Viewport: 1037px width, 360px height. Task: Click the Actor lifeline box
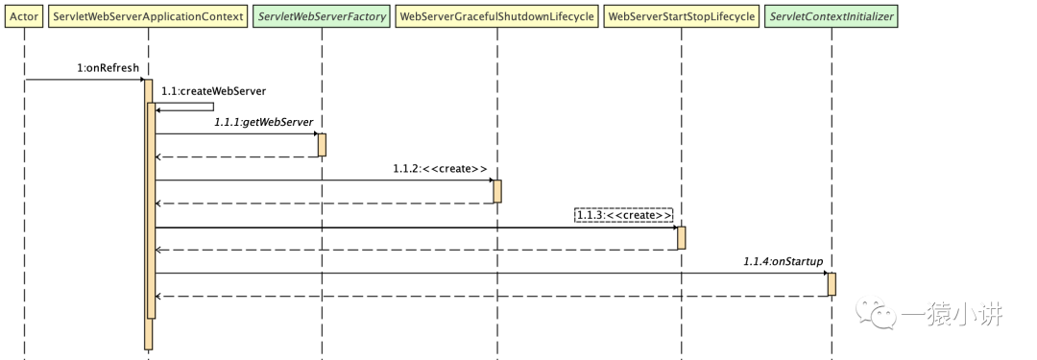pos(24,16)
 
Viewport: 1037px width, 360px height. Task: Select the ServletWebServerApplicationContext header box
pos(148,16)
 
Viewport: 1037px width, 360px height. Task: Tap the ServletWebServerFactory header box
pos(322,16)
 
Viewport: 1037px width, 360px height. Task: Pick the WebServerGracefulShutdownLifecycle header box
pos(497,16)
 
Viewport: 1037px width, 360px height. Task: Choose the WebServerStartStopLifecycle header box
pos(681,16)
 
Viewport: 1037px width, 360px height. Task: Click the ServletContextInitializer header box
pos(832,16)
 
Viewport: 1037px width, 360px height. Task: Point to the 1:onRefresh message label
pos(108,68)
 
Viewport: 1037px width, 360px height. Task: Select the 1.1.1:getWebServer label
pos(263,123)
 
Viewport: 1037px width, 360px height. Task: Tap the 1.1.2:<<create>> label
pos(440,169)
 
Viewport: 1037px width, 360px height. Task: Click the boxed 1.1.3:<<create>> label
pos(624,215)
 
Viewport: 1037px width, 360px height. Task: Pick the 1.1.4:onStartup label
pos(783,261)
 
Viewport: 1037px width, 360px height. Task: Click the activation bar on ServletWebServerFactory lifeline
pos(322,145)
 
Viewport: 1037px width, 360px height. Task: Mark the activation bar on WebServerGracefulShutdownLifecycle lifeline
pos(497,191)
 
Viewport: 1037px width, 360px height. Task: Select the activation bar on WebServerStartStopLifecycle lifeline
pos(681,237)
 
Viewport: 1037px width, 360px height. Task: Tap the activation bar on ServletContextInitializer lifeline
pos(832,284)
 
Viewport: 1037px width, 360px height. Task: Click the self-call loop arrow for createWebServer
pos(213,107)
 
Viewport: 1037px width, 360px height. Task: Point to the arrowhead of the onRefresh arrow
pos(141,80)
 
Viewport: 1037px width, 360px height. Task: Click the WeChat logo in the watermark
pos(877,312)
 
